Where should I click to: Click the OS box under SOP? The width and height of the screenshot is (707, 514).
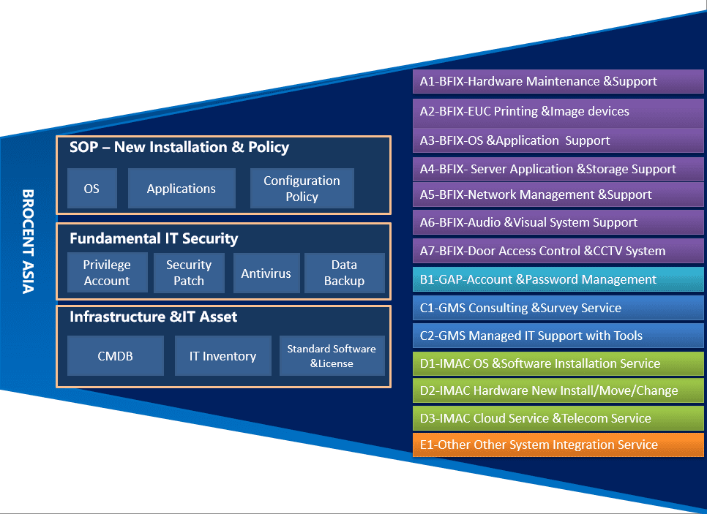91,189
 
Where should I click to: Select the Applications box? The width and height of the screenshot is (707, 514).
182,189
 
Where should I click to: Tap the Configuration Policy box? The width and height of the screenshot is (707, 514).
302,189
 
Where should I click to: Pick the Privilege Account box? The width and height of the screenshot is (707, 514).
107,273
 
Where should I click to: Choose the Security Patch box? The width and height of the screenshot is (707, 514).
189,273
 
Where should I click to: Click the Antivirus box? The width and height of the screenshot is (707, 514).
266,273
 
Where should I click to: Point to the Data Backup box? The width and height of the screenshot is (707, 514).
344,273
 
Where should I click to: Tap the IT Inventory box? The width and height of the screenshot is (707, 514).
222,356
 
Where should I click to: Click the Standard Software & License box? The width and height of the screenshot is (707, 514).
332,356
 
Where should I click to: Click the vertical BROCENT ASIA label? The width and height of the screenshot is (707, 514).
28,241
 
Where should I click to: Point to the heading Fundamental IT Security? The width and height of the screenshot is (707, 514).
154,238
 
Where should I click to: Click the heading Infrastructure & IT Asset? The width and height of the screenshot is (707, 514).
154,317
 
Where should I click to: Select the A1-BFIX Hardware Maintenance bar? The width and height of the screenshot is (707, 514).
558,81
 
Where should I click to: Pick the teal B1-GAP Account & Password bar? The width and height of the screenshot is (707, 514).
558,279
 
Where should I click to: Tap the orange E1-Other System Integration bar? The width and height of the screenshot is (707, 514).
558,445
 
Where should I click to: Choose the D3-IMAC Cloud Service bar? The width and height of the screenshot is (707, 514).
558,418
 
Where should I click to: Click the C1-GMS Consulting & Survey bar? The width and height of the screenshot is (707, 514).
558,308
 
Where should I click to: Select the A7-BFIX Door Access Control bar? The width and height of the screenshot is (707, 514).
558,251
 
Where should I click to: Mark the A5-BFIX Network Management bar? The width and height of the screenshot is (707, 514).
558,194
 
